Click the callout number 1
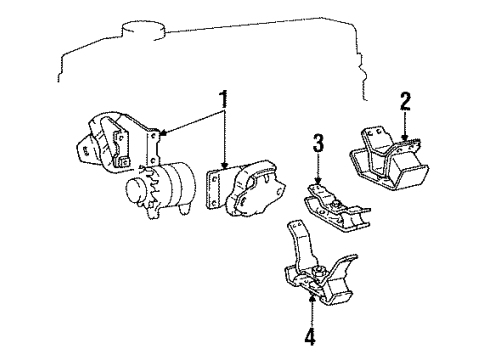(x=223, y=101)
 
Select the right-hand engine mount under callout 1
(x=254, y=189)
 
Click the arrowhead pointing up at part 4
(x=315, y=296)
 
